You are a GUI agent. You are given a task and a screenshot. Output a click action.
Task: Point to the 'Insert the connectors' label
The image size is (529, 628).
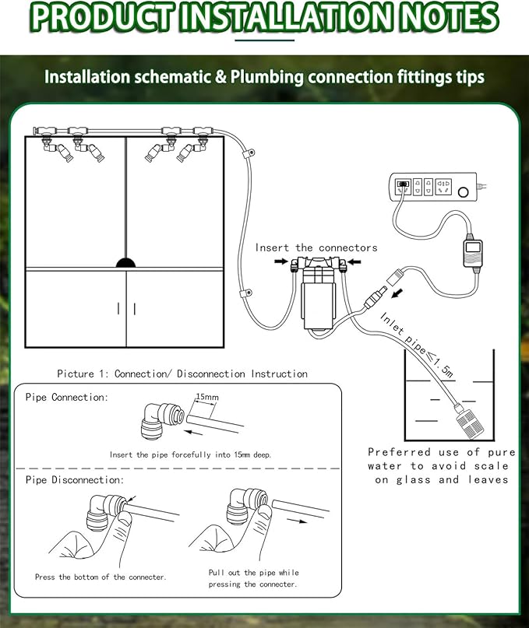click(316, 247)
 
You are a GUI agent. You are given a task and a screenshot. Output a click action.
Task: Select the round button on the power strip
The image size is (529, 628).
click(467, 191)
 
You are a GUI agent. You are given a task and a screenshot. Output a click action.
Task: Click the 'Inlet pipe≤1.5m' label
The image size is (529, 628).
click(417, 344)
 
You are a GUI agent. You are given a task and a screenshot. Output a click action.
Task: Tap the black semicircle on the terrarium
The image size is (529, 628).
click(126, 263)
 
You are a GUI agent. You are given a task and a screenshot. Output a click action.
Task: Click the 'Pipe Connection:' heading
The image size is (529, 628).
click(67, 397)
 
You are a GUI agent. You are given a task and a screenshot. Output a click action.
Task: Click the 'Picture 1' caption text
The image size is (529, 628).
click(182, 374)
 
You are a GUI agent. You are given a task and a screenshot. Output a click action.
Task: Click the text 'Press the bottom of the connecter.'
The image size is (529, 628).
click(101, 577)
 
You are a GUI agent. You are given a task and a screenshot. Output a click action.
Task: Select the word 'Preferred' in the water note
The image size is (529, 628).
click(400, 451)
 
